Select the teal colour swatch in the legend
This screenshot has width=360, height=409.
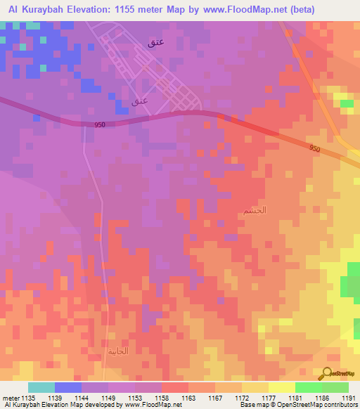tap(41, 387)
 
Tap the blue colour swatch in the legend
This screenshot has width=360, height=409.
tap(68, 387)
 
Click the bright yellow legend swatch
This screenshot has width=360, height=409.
tap(281, 387)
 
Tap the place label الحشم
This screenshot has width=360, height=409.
tap(255, 210)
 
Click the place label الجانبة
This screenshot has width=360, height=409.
tap(118, 351)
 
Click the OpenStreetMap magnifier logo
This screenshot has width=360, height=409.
tap(325, 373)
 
